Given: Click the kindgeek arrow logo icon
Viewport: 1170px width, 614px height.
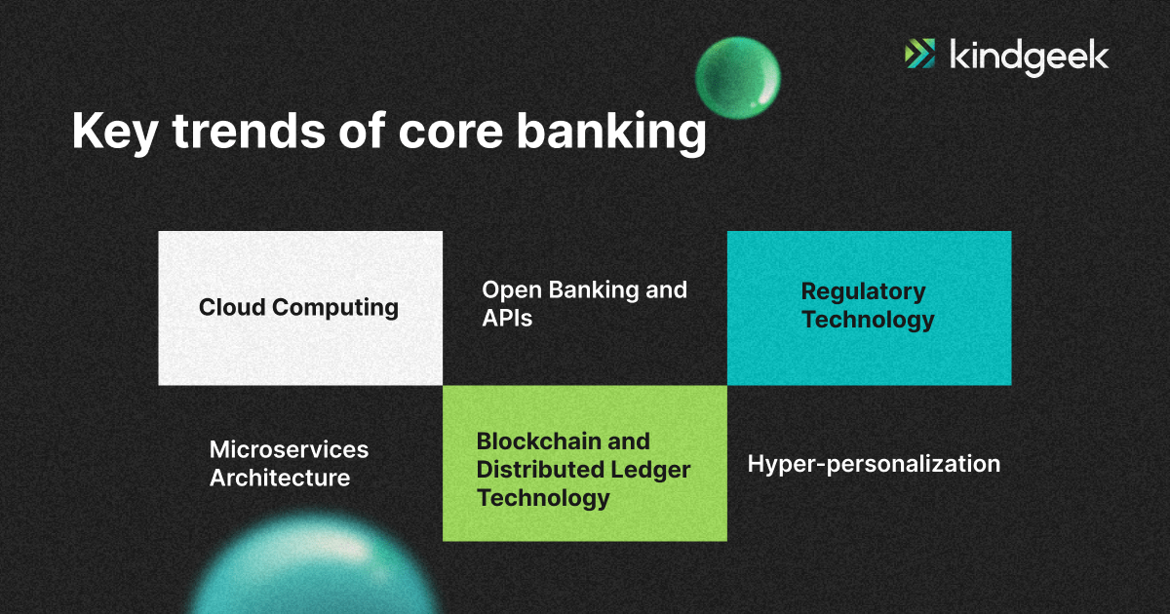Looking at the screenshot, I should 919,54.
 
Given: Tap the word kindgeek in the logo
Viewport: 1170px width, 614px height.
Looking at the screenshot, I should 1029,56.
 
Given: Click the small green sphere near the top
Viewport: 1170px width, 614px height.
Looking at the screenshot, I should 738,74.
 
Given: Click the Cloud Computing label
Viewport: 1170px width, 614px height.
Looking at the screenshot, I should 298,308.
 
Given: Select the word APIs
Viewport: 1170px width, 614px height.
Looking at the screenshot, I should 507,318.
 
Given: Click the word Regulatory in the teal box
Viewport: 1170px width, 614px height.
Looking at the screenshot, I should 863,291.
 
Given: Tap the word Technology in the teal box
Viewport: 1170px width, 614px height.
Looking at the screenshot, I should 868,320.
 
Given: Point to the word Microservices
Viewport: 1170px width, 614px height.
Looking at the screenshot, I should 289,449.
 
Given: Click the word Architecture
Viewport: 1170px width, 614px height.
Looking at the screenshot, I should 280,478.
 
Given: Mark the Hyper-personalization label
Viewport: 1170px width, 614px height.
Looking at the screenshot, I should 874,464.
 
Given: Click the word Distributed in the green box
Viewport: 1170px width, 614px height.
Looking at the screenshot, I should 538,470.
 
